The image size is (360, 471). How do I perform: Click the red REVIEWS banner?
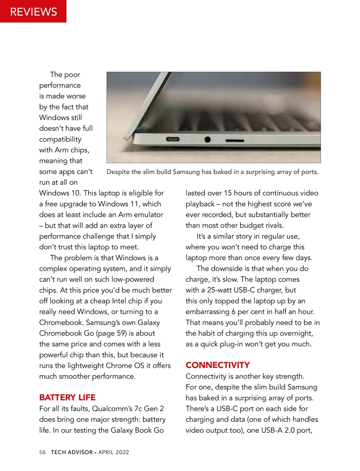coord(33,11)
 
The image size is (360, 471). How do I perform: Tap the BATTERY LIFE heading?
coord(67,397)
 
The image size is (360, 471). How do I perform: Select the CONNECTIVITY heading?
coord(218,365)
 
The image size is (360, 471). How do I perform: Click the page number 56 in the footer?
coord(43,452)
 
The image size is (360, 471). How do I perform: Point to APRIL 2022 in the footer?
coord(114,452)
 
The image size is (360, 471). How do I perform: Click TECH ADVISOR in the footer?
coord(72,452)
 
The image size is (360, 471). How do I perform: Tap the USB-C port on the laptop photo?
coord(172,139)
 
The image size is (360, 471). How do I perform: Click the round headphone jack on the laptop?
coord(207,139)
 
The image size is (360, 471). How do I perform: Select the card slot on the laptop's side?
coord(235,140)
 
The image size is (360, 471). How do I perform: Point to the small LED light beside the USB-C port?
coord(188,139)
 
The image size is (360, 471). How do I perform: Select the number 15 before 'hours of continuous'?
coord(228,193)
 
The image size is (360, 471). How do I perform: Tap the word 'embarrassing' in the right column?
coord(207,311)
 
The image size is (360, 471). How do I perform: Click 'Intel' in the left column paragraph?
coord(119,301)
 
